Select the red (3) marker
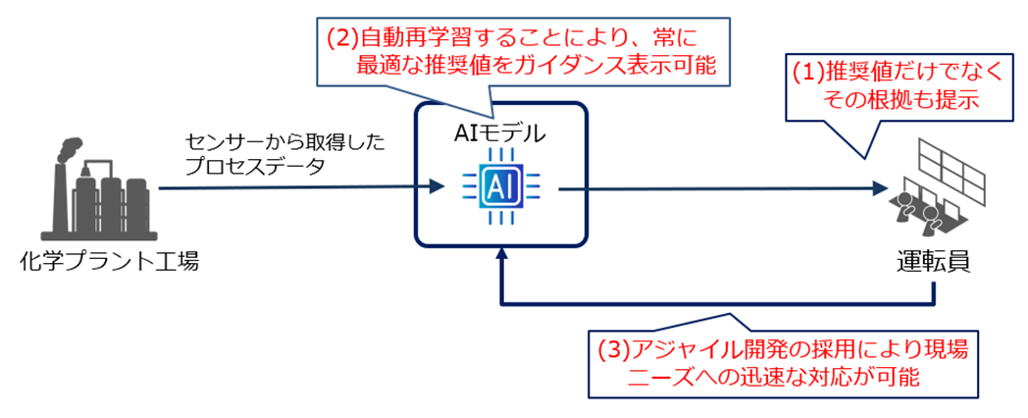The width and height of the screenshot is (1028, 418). click(x=613, y=349)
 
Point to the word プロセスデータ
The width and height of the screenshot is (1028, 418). click(x=254, y=168)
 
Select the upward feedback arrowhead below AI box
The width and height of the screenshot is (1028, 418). click(x=501, y=256)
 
